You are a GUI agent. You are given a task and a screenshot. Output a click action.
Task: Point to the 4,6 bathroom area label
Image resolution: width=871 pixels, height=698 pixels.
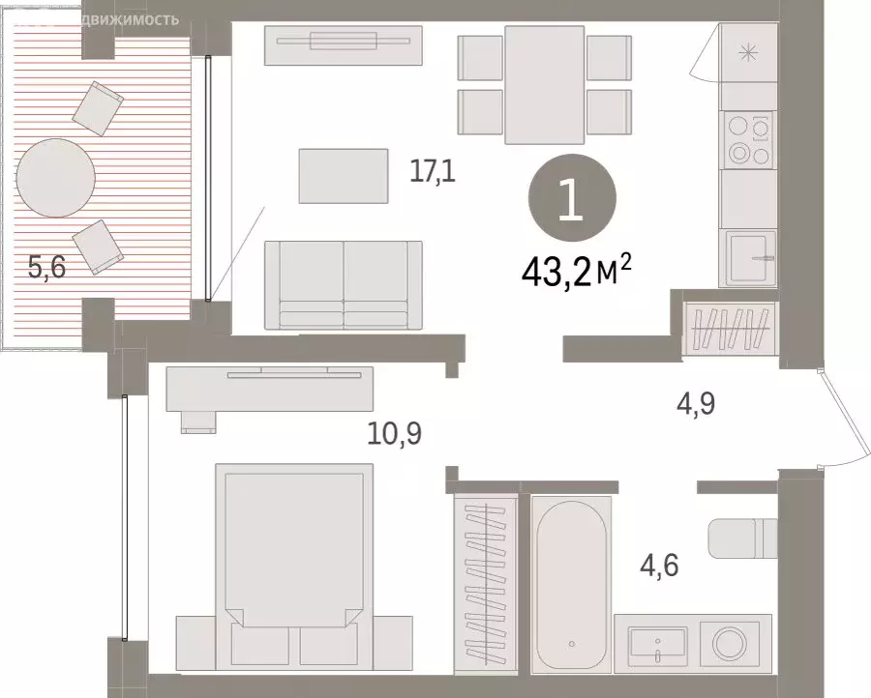[x=657, y=563]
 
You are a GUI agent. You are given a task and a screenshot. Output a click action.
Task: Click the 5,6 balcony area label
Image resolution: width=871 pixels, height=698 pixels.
[x=46, y=268]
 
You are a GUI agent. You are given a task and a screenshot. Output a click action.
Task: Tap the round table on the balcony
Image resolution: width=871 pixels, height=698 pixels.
[x=56, y=179]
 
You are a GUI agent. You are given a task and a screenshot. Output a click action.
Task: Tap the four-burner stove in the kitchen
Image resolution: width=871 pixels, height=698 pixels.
[x=748, y=141]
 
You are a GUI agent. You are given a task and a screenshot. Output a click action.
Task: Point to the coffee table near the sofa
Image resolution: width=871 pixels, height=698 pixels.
[x=343, y=175]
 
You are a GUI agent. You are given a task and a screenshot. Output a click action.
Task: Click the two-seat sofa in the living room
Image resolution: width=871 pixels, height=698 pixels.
[x=343, y=284]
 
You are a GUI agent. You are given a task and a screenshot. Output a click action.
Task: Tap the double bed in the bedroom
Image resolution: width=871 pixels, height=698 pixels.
[x=293, y=561]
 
